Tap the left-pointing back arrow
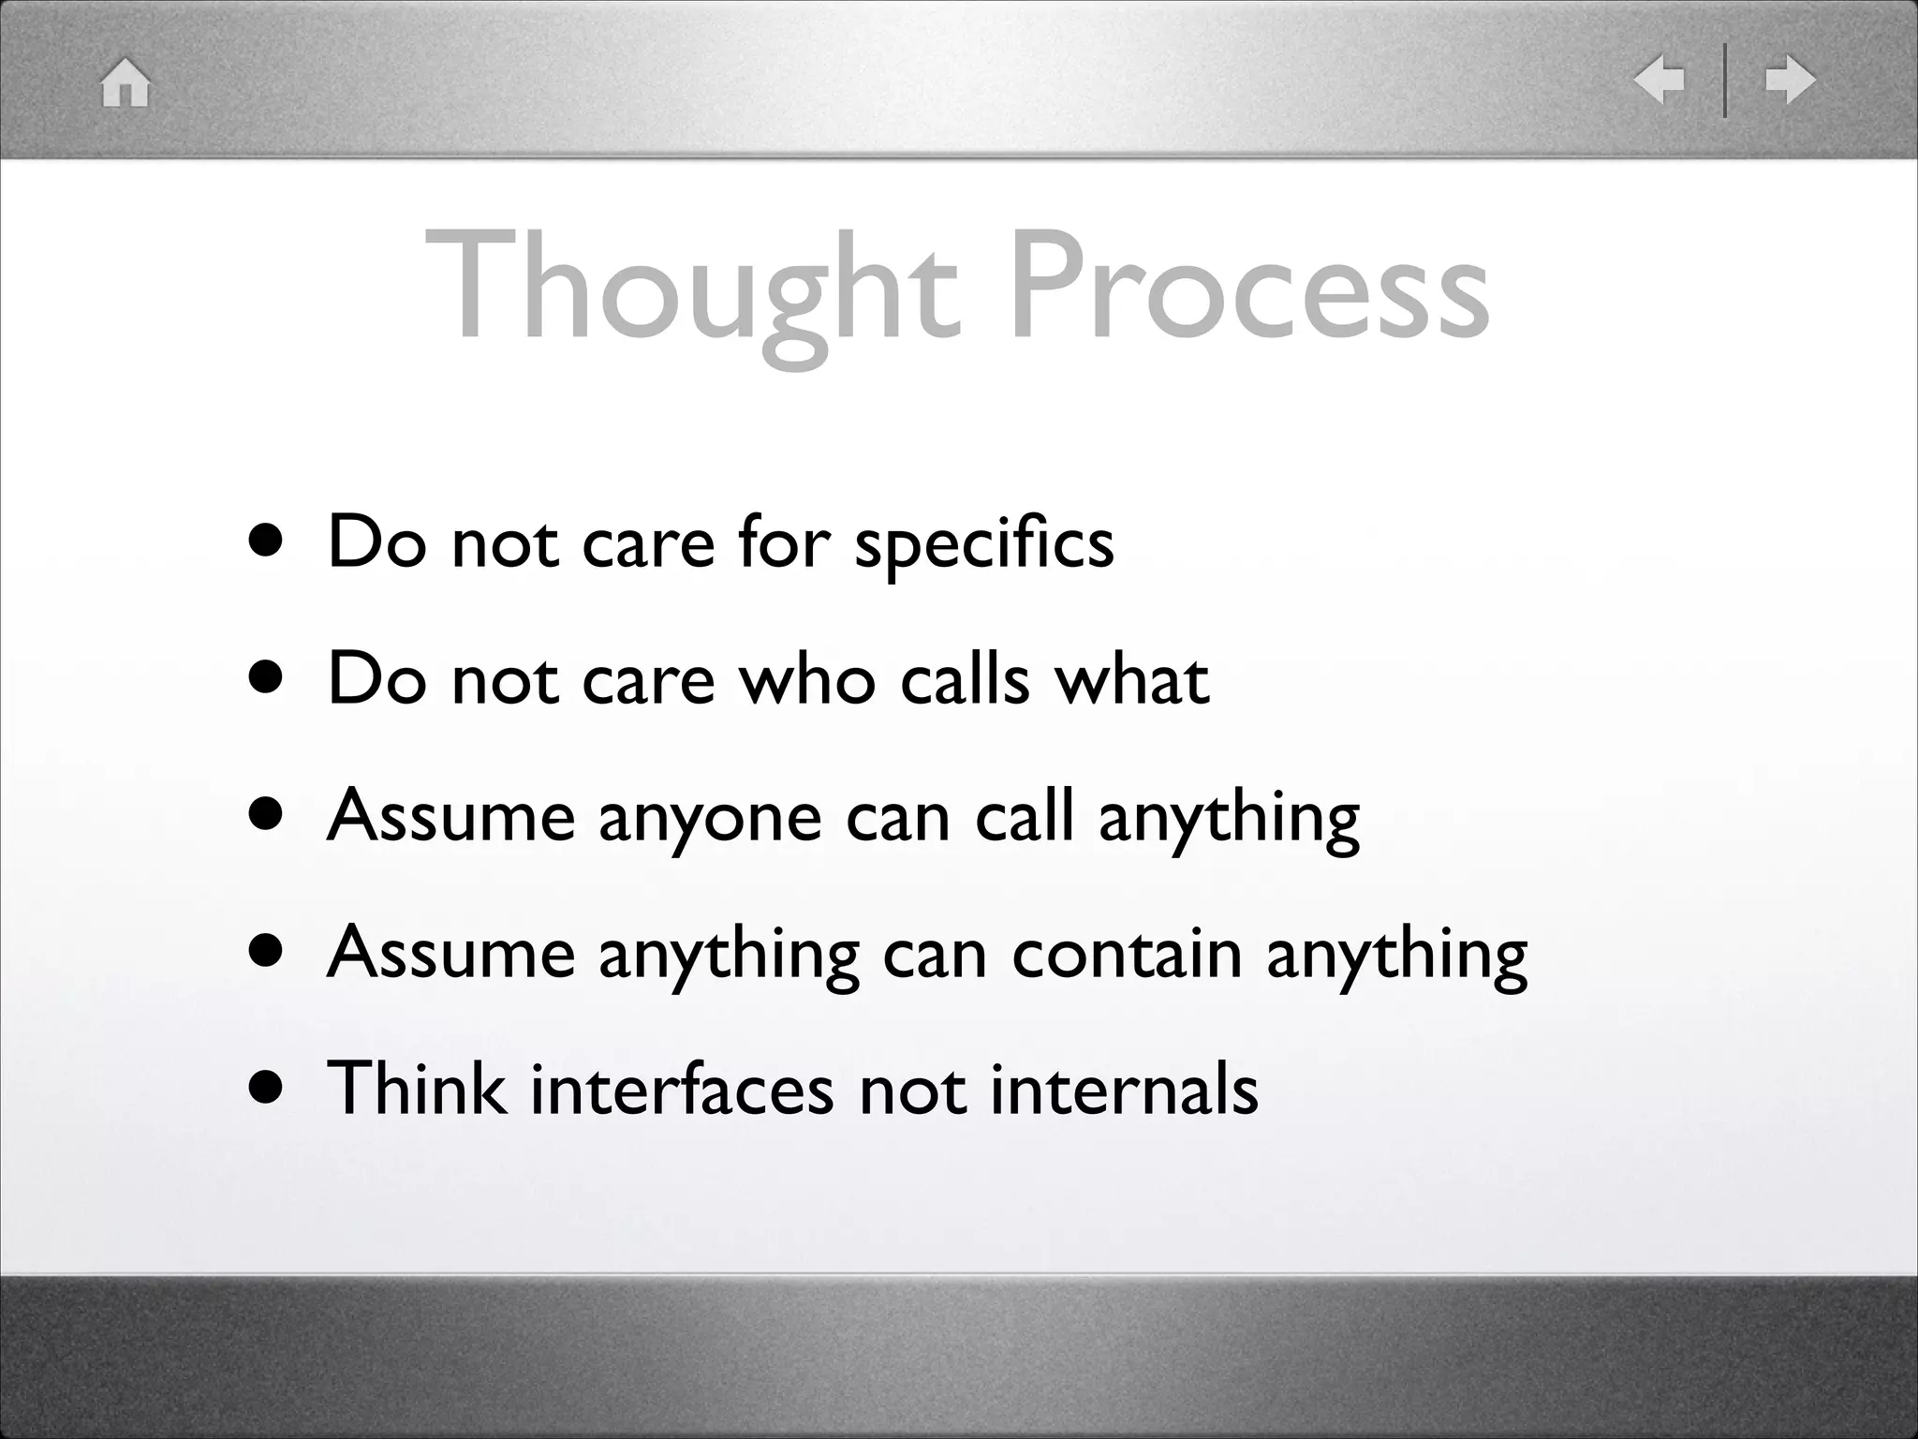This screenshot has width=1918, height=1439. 1660,80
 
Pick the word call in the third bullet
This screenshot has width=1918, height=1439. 1024,815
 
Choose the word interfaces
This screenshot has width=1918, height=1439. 681,1089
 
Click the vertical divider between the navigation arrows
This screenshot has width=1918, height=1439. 1725,81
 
